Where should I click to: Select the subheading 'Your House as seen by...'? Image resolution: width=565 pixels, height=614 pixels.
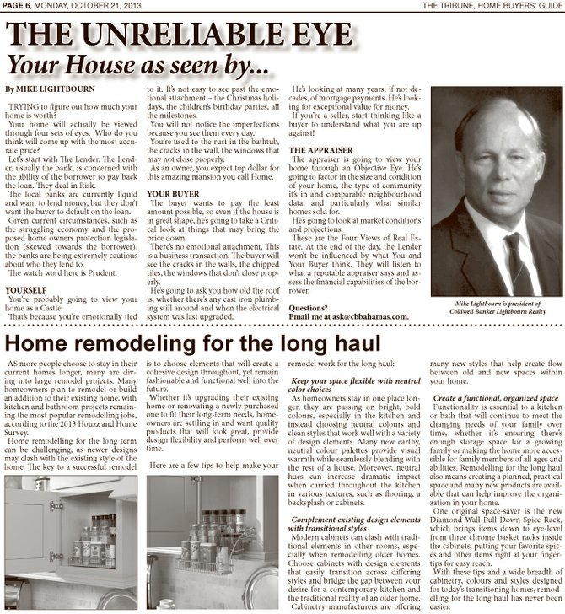pyautogui.click(x=140, y=63)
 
